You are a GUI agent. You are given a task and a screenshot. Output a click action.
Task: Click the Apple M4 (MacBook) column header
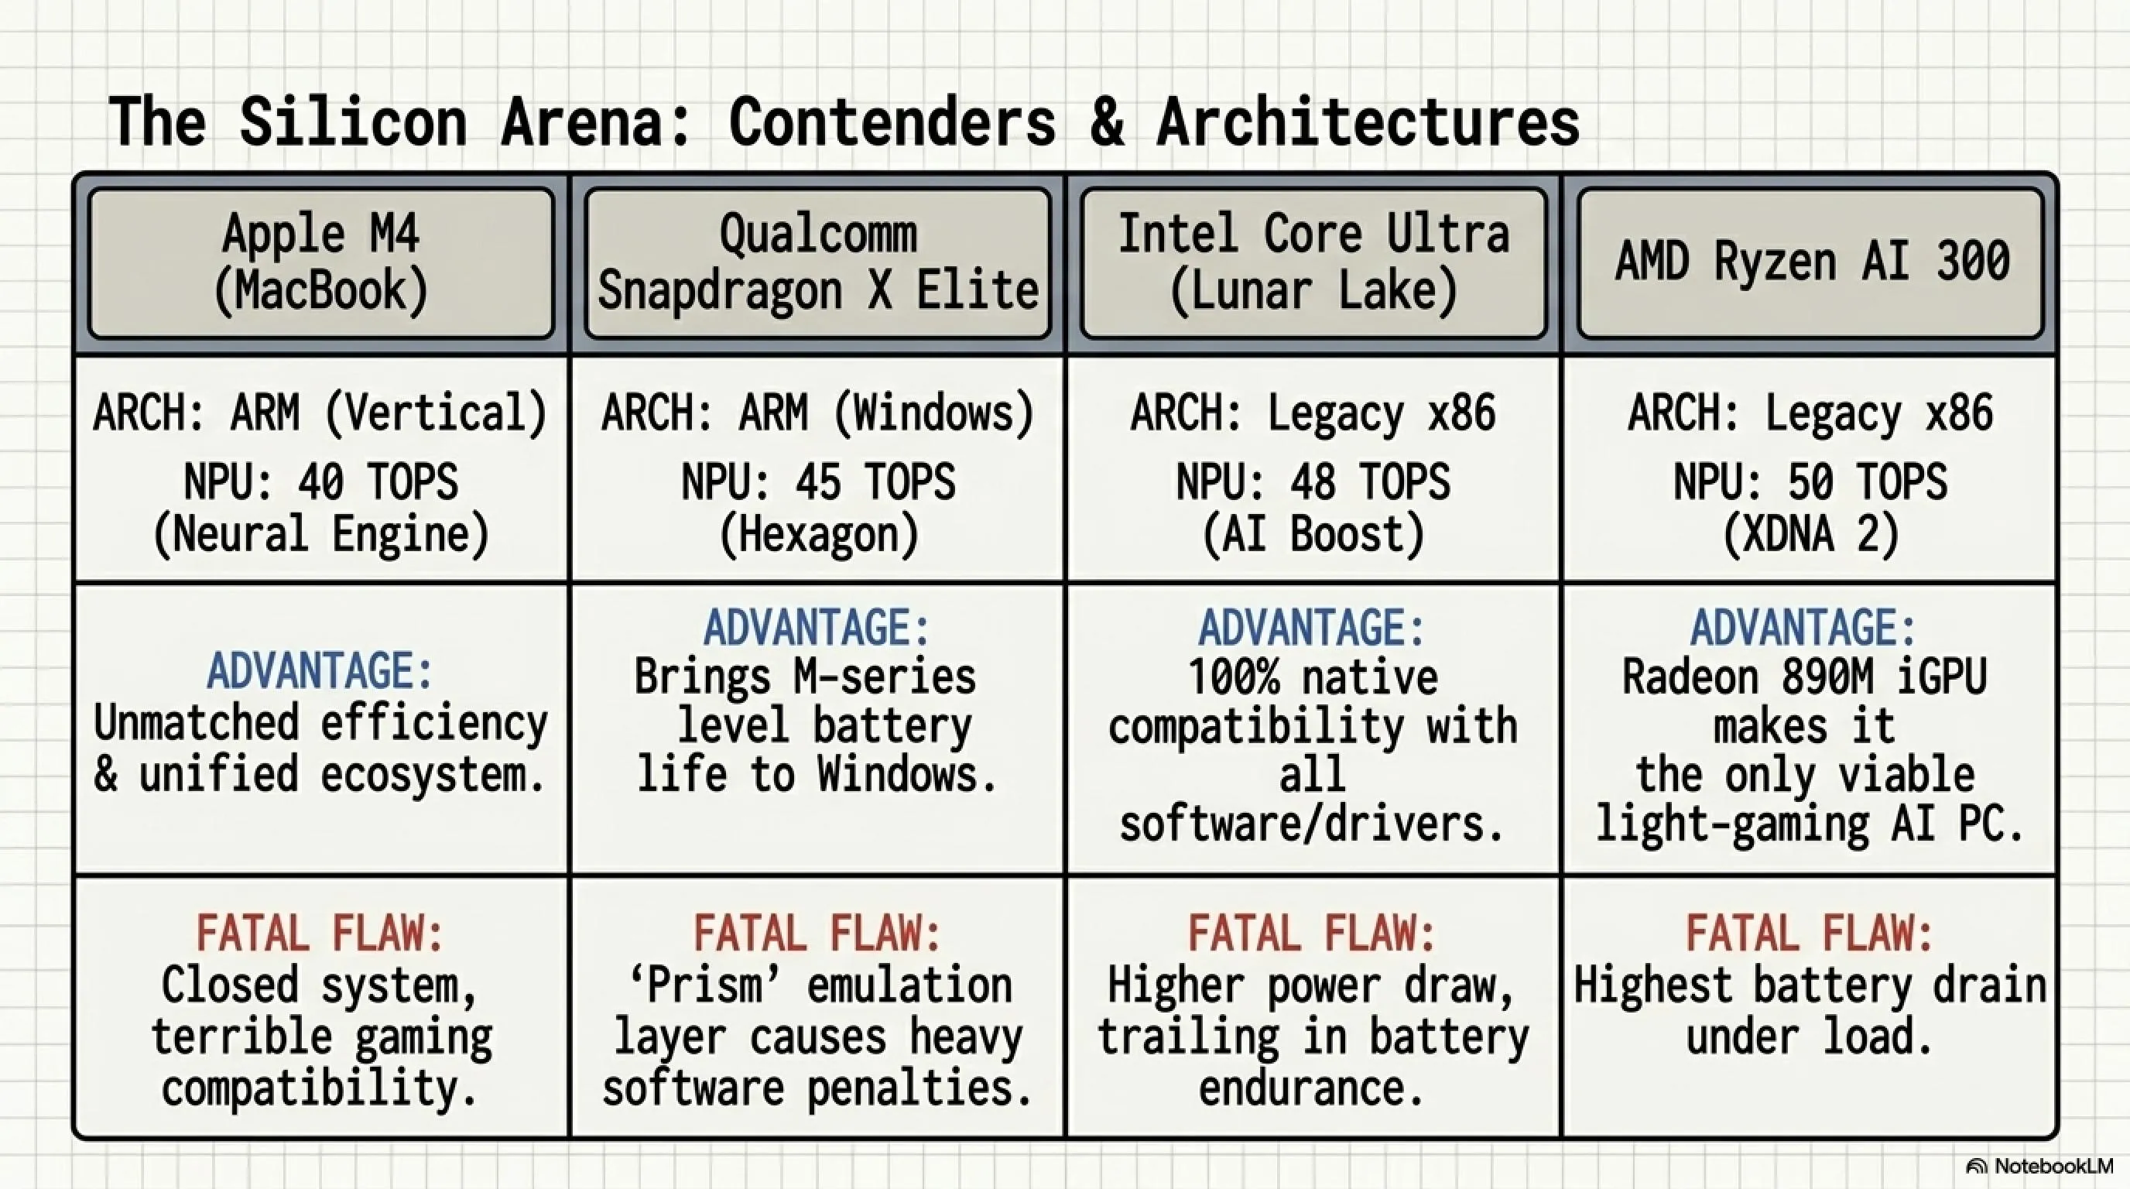point(321,263)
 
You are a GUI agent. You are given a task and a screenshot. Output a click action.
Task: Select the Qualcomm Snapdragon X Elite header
point(818,263)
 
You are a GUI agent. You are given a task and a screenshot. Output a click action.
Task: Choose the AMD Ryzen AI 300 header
point(1811,263)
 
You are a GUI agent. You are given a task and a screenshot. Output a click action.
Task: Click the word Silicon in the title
point(353,122)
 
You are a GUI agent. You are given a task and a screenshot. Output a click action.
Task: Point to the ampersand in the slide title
point(1106,122)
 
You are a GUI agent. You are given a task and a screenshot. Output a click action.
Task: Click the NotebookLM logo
point(2039,1166)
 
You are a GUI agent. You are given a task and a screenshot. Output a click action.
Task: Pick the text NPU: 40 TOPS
point(321,481)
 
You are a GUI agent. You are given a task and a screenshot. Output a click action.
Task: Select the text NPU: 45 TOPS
point(818,481)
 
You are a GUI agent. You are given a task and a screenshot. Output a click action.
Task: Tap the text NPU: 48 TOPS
point(1313,481)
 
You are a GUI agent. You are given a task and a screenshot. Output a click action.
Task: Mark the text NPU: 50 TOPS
point(1811,481)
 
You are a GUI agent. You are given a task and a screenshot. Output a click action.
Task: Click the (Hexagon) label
point(819,535)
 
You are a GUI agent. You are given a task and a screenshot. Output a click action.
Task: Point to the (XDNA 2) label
point(1811,535)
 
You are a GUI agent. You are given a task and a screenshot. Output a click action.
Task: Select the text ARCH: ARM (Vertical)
point(321,413)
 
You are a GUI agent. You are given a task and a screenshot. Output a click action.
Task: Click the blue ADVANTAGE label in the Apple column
point(321,670)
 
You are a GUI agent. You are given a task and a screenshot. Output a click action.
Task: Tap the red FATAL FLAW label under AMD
point(1810,934)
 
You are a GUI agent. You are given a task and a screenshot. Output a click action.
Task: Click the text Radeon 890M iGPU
point(1804,677)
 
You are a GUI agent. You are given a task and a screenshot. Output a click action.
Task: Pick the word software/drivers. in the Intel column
point(1312,824)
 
